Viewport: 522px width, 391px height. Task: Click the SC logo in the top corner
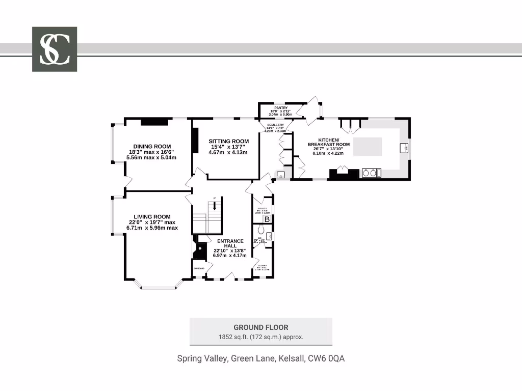tap(55, 49)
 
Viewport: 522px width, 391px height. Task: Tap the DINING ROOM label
tap(152, 146)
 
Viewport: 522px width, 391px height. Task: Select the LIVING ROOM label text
tap(152, 216)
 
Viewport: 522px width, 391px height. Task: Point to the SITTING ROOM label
tap(229, 141)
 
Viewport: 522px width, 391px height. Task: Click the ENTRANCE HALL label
tap(230, 243)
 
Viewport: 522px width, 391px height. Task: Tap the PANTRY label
tap(281, 108)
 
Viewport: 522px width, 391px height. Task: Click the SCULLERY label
tap(275, 125)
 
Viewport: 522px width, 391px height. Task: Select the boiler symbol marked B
tap(266, 219)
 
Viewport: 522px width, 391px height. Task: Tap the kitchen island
tap(368, 147)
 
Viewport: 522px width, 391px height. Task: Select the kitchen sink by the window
tap(403, 148)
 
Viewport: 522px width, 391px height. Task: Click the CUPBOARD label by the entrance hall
tap(198, 268)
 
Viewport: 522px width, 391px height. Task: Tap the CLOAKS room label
tap(263, 265)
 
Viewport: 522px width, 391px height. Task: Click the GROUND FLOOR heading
tap(260, 327)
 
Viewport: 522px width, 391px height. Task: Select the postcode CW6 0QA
tap(326, 358)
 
